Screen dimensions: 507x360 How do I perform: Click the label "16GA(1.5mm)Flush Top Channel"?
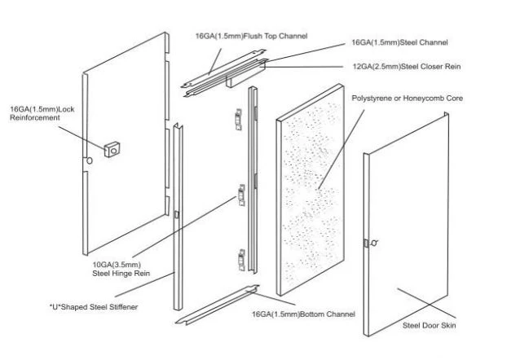coord(251,36)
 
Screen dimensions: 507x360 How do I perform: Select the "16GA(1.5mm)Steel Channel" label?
coord(399,42)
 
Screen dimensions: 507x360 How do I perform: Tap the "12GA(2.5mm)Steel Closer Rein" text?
coord(407,67)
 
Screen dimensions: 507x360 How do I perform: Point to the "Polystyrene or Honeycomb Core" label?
coord(407,99)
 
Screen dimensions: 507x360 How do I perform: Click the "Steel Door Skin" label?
coord(429,325)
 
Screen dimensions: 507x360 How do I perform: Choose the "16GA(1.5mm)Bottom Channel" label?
coord(303,314)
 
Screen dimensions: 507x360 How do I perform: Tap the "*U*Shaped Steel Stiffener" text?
coord(94,307)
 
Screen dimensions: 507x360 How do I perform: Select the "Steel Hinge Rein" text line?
coord(121,274)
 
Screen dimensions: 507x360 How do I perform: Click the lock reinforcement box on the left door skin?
coord(112,150)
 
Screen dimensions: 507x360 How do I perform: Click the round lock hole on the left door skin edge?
coord(90,160)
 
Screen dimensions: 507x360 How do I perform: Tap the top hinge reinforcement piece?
coord(239,119)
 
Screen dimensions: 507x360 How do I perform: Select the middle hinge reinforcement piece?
coord(241,195)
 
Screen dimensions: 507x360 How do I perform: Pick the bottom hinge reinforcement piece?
coord(241,260)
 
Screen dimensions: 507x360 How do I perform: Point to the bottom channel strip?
coord(218,305)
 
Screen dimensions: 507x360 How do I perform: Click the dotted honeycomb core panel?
coord(310,190)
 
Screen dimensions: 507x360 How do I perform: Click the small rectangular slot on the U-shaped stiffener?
coord(177,214)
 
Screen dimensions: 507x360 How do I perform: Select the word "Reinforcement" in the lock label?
coord(34,117)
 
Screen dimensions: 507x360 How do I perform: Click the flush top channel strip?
coord(224,68)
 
